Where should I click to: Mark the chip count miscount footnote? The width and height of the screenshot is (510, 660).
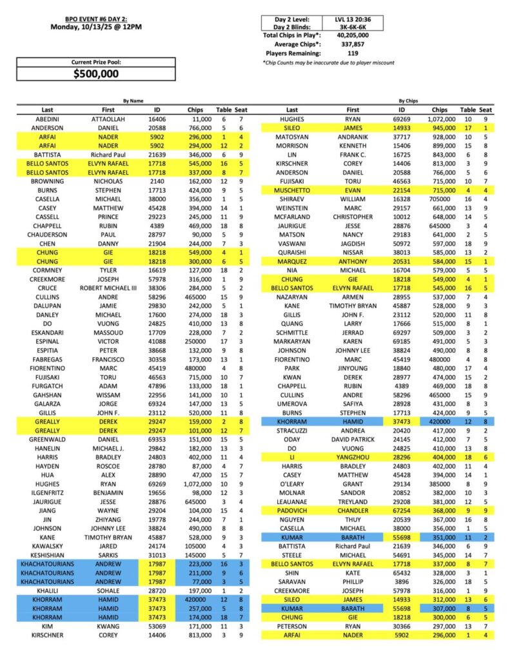pyautogui.click(x=328, y=63)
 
